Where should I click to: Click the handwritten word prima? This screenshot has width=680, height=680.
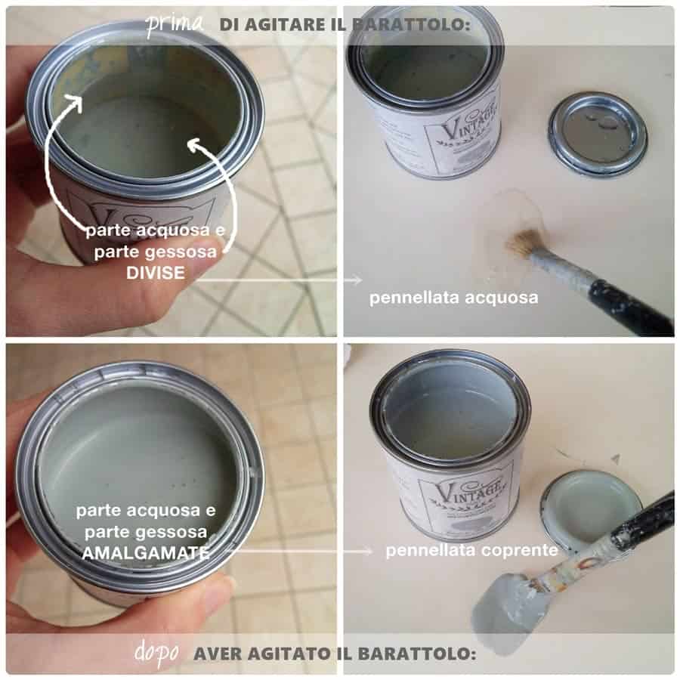[x=175, y=25]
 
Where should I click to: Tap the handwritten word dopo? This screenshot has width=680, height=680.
[x=157, y=653]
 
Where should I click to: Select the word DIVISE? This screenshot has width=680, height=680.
[x=155, y=273]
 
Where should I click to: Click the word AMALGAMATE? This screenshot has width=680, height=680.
[x=146, y=553]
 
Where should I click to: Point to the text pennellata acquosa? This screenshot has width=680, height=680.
[x=453, y=298]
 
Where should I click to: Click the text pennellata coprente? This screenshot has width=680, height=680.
[x=471, y=551]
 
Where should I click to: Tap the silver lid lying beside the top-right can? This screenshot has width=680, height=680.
[x=598, y=134]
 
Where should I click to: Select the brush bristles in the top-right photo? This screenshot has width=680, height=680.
[x=526, y=244]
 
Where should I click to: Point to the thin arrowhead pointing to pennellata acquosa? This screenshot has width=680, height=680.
[x=357, y=280]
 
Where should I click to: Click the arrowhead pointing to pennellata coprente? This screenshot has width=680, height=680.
[x=368, y=552]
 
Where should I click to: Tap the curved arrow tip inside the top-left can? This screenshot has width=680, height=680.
[x=194, y=144]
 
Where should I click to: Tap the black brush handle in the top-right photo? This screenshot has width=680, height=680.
[x=631, y=306]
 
